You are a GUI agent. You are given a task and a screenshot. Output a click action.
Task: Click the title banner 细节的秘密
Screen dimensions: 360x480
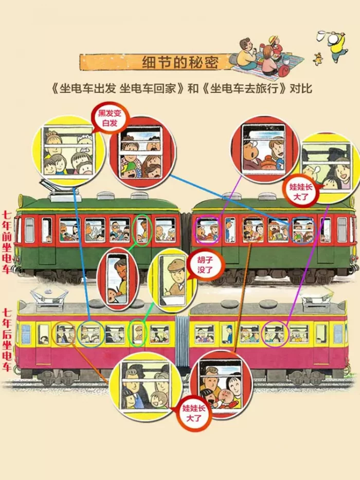[156, 62]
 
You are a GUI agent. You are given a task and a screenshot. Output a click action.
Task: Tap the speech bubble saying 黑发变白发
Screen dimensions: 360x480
[110, 118]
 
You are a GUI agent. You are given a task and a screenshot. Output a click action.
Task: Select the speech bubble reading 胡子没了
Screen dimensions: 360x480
[205, 265]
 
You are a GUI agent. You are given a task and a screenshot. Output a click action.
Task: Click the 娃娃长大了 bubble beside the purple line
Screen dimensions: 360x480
[301, 191]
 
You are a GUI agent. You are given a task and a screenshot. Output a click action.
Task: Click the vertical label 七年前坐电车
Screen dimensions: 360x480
[7, 242]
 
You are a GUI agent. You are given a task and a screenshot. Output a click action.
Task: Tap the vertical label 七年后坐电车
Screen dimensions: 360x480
[7, 340]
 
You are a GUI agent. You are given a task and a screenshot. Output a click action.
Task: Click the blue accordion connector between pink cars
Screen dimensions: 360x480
[182, 342]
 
